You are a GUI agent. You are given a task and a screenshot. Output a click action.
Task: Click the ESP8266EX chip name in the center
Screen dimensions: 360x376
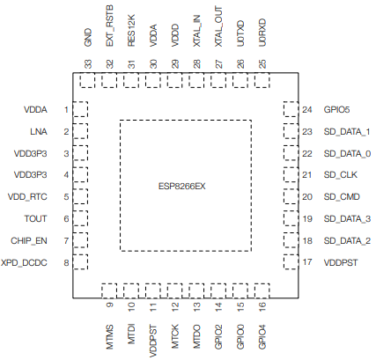coord(182,186)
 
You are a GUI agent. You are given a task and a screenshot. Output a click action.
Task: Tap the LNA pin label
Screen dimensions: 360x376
coord(37,132)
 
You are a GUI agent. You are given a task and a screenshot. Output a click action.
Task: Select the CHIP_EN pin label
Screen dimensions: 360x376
coord(30,240)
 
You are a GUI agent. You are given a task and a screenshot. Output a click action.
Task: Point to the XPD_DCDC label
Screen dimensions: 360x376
coord(26,262)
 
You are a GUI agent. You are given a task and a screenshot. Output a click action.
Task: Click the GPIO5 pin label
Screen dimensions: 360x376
coord(339,110)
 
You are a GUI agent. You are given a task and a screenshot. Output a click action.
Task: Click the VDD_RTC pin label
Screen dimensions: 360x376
coord(28,197)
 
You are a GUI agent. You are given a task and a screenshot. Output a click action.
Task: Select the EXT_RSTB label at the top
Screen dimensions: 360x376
coord(109,28)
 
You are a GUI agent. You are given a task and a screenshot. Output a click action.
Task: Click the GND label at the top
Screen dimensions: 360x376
coord(88,38)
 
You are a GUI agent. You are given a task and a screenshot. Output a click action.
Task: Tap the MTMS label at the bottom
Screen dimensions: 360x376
coord(109,336)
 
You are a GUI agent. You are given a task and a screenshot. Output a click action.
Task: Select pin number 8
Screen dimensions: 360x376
coord(66,262)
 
